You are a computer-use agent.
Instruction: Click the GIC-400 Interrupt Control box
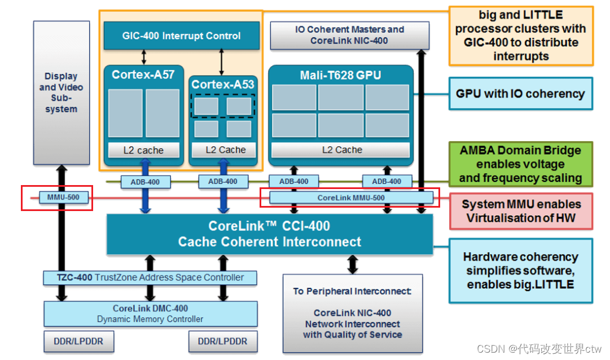tap(182, 36)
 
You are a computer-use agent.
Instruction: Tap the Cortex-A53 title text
tap(223, 85)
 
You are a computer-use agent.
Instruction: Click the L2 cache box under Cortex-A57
tap(144, 150)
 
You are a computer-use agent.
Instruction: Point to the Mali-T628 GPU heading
tap(340, 75)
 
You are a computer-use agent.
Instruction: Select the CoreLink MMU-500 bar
tap(351, 197)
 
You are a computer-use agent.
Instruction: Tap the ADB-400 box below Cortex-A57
tap(145, 181)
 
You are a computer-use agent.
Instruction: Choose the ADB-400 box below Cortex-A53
tap(223, 181)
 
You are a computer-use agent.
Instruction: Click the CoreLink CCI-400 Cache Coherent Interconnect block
tap(269, 234)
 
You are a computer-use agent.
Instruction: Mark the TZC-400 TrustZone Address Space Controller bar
tap(150, 278)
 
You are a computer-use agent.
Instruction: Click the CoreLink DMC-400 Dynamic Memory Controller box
tap(150, 314)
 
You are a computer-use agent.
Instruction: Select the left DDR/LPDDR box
tap(78, 341)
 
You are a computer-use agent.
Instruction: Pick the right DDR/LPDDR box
tap(222, 341)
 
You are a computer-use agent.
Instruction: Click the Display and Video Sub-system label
tap(61, 93)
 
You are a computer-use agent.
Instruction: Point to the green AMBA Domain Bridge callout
tap(520, 164)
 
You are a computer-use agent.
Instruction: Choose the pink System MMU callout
tap(520, 211)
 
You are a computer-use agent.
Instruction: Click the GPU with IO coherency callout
tap(520, 94)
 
